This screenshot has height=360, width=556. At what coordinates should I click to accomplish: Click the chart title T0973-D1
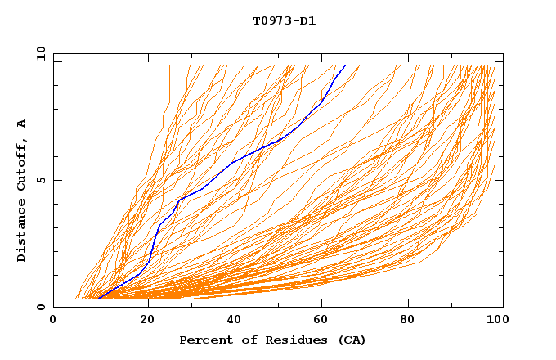pyautogui.click(x=284, y=20)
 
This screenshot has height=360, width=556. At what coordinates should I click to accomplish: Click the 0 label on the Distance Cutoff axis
pyautogui.click(x=40, y=307)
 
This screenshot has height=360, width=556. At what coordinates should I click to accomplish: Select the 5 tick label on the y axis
pyautogui.click(x=40, y=180)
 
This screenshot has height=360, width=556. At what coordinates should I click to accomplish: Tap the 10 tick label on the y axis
pyautogui.click(x=40, y=54)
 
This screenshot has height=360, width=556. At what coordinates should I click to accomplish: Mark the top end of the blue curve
pyautogui.click(x=345, y=65)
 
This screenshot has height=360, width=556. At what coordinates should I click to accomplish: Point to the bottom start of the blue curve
pyautogui.click(x=98, y=298)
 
